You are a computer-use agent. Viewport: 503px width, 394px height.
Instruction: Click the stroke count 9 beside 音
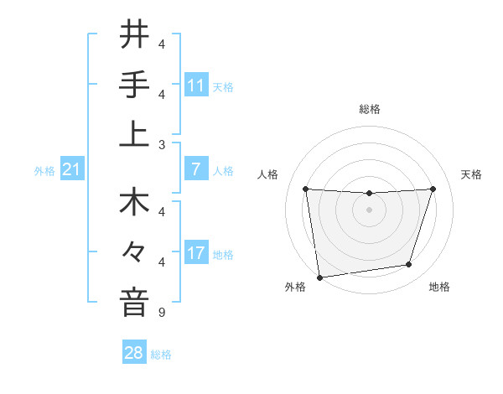161,314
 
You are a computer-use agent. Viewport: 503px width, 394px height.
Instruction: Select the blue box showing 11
196,86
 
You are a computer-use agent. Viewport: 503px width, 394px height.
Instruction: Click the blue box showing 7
196,170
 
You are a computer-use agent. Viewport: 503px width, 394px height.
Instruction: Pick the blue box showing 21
72,170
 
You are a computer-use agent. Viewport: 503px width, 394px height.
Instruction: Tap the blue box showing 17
196,254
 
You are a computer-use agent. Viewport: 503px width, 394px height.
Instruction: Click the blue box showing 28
134,353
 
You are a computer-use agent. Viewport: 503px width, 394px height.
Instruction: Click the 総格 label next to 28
161,355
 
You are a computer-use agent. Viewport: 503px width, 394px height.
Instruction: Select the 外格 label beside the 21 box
44,171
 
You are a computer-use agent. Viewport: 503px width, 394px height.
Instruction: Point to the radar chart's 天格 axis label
471,174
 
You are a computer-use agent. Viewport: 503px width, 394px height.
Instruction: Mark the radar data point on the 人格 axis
305,189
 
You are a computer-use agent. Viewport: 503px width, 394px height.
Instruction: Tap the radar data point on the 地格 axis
409,265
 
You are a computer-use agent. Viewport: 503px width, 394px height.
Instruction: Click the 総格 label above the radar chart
369,109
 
